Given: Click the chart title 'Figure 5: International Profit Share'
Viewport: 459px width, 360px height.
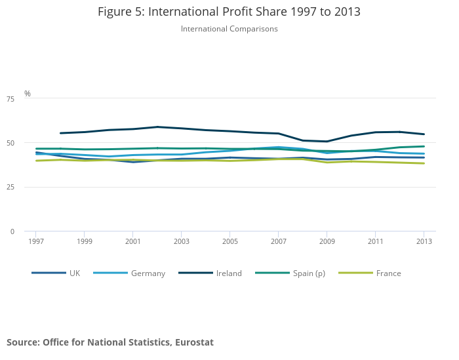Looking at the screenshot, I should [229, 12].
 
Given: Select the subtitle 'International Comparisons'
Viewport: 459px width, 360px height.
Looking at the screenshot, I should [229, 29].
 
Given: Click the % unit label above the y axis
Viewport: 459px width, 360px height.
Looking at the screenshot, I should [28, 94].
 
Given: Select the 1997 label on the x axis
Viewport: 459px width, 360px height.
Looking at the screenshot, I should [36, 241].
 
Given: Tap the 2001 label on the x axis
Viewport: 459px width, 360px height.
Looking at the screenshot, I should [133, 241].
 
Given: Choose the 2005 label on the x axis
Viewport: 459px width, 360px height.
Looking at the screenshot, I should [229, 241].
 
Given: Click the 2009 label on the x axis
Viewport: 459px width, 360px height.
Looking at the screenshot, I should [327, 241].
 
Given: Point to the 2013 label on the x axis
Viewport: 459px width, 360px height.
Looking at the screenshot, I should [424, 241].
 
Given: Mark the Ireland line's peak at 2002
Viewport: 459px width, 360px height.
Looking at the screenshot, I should [157, 127].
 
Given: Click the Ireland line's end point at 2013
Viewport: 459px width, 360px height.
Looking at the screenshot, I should [424, 134].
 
